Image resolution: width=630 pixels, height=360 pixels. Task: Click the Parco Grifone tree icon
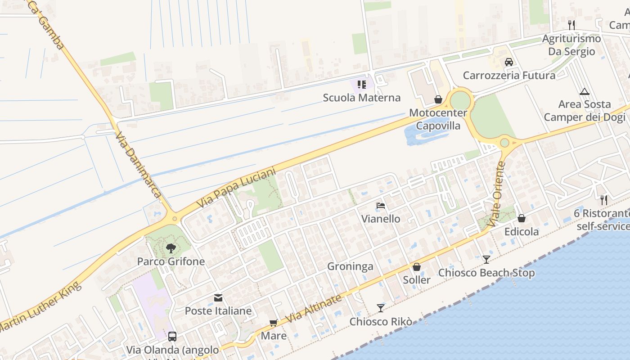pos(171,248)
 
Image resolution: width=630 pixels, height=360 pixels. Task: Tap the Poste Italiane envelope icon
pos(218,297)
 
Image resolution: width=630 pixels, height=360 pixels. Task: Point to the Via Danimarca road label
pos(138,165)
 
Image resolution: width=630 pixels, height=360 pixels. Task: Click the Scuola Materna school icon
pos(362,85)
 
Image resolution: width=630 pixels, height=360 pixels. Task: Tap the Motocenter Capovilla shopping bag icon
pos(438,99)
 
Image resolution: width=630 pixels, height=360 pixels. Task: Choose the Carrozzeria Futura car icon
pos(509,62)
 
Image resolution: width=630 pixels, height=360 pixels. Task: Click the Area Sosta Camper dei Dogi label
pos(585,111)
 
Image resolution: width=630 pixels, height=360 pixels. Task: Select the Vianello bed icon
pos(381,206)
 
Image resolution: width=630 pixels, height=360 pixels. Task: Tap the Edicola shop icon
pos(522,218)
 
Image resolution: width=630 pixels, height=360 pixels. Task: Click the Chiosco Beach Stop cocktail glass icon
pos(486,259)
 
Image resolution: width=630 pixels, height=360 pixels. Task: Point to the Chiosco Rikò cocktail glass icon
pos(381,308)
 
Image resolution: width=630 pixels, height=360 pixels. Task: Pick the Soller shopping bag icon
pos(417,267)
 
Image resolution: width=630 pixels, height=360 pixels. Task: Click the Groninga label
pos(350,266)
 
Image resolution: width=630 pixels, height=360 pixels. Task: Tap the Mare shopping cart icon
pos(273,323)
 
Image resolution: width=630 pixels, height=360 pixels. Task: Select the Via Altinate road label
pos(314,309)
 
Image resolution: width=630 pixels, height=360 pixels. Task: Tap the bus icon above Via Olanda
pos(172,336)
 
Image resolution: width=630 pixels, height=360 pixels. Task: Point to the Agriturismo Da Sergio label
pos(571,45)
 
